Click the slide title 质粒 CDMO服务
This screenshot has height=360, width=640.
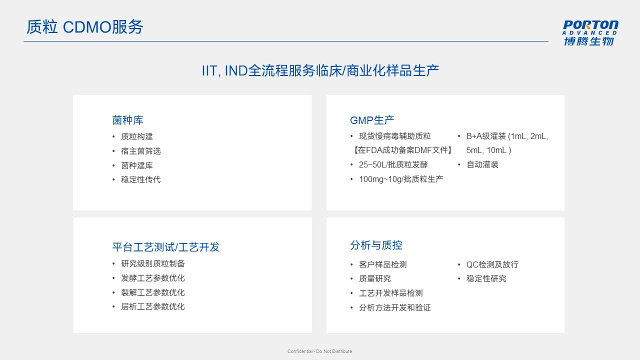84,27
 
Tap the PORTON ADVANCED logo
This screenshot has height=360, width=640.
589,33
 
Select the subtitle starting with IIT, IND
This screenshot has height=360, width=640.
320,70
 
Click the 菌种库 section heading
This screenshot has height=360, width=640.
127,120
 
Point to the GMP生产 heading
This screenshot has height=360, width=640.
372,120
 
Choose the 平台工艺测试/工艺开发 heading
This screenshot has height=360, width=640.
165,247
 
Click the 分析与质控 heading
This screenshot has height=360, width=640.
376,245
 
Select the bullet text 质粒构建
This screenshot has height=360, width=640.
137,136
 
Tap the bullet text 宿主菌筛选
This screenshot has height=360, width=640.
141,151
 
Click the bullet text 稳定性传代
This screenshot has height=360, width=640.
141,179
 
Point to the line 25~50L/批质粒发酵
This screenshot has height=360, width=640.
393,164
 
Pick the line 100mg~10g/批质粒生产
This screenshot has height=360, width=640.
401,179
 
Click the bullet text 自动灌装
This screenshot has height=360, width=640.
482,164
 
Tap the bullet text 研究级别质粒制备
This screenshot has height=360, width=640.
153,263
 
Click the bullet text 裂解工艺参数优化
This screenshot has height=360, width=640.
153,292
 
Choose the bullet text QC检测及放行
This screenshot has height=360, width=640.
492,264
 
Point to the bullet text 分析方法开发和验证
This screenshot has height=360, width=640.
395,307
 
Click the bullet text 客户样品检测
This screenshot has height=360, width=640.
383,264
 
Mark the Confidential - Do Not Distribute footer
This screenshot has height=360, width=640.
319,351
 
